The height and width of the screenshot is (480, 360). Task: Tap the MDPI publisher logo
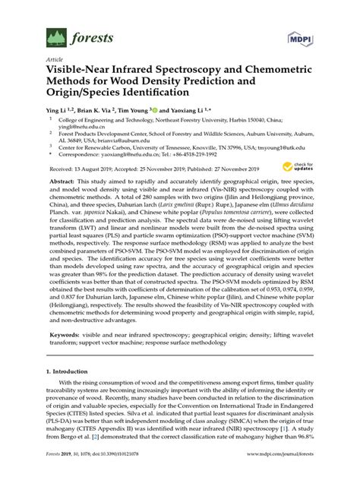point(302,36)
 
